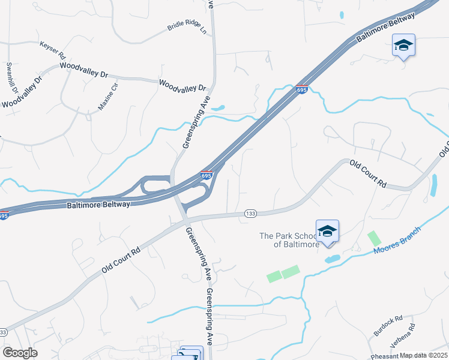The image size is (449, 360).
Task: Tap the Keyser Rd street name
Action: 52,50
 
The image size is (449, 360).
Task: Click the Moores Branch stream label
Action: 398,240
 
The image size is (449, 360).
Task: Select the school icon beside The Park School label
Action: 327,231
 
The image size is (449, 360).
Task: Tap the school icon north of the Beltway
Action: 404,45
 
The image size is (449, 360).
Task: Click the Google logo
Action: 20,352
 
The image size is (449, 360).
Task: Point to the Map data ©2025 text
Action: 424,355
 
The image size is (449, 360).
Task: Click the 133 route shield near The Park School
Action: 251,214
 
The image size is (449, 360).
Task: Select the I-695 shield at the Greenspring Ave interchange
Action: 206,175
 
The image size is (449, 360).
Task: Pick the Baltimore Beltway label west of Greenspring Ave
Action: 98,205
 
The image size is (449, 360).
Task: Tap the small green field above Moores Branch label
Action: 373,238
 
